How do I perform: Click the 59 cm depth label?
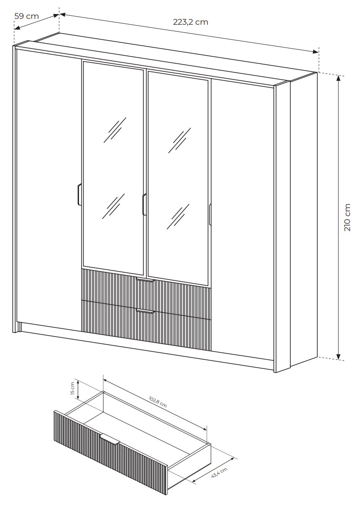click(x=26, y=16)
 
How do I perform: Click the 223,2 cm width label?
click(x=190, y=22)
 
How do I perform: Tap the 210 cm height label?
click(x=347, y=217)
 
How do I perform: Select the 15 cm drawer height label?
click(x=72, y=389)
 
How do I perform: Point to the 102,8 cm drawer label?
click(x=158, y=401)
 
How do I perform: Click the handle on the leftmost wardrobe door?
click(x=79, y=195)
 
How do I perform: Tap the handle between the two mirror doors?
click(x=144, y=204)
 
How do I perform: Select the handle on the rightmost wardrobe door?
click(x=210, y=214)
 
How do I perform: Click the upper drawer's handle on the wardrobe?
click(x=145, y=280)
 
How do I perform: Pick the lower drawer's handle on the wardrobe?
click(x=145, y=312)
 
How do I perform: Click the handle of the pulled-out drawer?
click(x=110, y=438)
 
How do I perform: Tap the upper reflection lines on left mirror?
click(x=115, y=130)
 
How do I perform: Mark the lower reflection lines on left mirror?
click(x=114, y=207)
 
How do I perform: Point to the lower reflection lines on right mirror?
click(x=178, y=217)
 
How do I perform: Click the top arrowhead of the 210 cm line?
click(x=339, y=79)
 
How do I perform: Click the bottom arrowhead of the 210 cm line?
click(x=339, y=357)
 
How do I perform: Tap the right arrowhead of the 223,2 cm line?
click(x=316, y=52)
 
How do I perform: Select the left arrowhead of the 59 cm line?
click(x=18, y=28)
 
